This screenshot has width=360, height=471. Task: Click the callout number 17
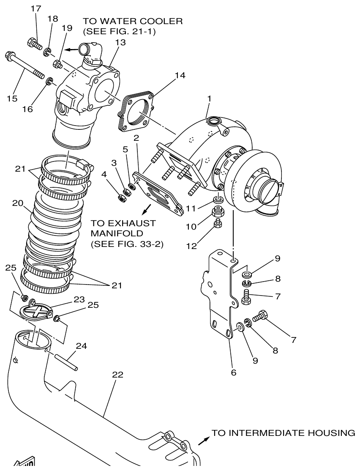tap(36, 8)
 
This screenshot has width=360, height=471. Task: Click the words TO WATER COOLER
tap(132, 22)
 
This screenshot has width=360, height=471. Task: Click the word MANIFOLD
tap(112, 233)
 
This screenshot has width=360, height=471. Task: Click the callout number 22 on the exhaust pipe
tap(118, 375)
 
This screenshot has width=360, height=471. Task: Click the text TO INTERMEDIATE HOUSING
tap(283, 433)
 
